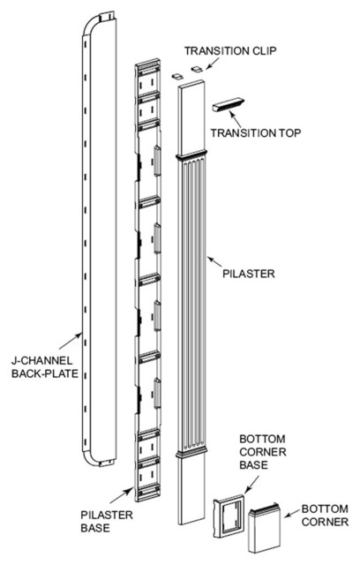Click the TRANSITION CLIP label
[x=231, y=51]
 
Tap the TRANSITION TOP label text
[x=256, y=133]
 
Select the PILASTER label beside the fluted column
[x=249, y=274]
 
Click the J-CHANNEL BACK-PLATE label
[x=45, y=367]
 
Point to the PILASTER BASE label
[x=107, y=522]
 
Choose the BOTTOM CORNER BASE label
[x=263, y=452]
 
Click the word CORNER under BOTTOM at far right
[x=325, y=522]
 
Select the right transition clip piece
[x=197, y=69]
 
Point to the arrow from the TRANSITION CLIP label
[x=212, y=64]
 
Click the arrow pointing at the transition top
[x=235, y=118]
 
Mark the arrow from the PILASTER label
[x=214, y=261]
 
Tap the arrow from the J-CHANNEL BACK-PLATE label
[x=71, y=341]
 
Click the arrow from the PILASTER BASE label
[x=121, y=495]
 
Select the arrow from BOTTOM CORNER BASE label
[x=251, y=485]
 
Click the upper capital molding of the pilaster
[x=191, y=156]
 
